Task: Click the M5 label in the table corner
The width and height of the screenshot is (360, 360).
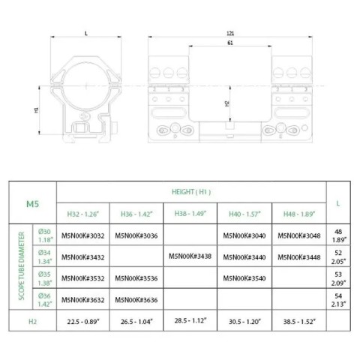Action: [x=32, y=202]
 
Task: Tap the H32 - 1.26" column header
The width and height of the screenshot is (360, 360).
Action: [x=83, y=213]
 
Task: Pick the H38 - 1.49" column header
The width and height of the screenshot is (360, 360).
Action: [x=190, y=213]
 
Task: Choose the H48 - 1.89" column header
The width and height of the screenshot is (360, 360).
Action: [x=299, y=213]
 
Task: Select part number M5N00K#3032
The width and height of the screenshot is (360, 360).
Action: [x=83, y=235]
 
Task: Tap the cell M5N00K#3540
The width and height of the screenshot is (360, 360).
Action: [x=244, y=278]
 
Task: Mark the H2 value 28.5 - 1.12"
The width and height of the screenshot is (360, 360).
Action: [x=190, y=321]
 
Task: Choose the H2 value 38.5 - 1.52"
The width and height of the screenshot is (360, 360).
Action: [x=299, y=321]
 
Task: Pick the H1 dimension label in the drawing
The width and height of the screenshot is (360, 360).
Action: [x=36, y=109]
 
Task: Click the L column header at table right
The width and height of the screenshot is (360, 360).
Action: [x=339, y=202]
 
